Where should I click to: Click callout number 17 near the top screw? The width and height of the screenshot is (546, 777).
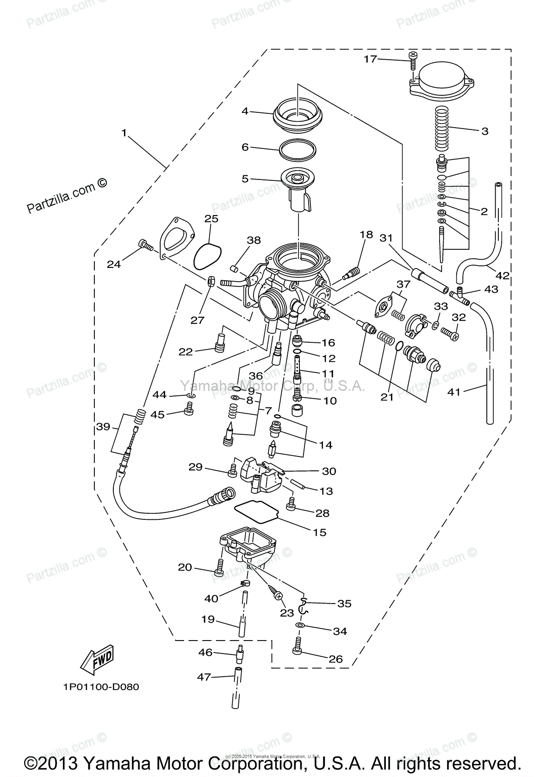coord(370,59)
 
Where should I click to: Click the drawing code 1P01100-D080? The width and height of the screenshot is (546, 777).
coord(101,687)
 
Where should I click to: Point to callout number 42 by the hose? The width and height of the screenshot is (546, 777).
coord(502,276)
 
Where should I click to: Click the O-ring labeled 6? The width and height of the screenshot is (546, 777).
coord(298,149)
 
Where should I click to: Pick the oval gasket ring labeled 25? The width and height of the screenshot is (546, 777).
coord(207,257)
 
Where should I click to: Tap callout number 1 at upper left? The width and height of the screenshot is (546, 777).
coord(124,133)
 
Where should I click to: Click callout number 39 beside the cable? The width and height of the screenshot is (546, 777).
coord(103,426)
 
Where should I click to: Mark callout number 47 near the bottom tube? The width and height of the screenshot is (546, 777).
coord(204,677)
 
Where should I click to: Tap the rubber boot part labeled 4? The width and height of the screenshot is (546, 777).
coord(297,116)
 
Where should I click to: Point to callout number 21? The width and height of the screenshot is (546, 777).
coord(387,397)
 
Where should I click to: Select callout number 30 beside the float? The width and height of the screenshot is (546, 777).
coord(329,471)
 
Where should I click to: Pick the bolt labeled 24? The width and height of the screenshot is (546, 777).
coord(145,245)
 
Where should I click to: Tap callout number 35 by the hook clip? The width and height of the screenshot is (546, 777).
coord(344,604)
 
